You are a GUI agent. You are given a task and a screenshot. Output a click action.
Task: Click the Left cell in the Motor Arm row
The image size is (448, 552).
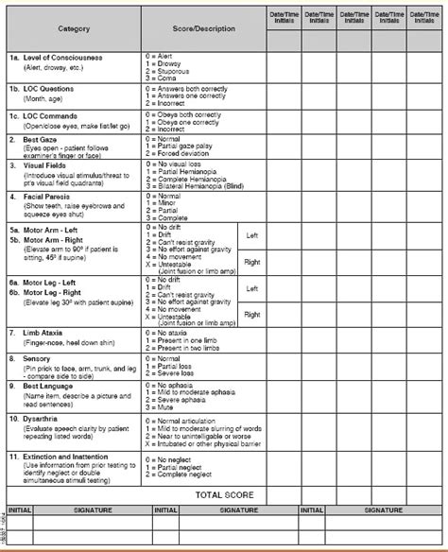click(250, 235)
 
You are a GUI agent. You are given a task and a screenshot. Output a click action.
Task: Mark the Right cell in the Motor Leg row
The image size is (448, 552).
click(250, 313)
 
